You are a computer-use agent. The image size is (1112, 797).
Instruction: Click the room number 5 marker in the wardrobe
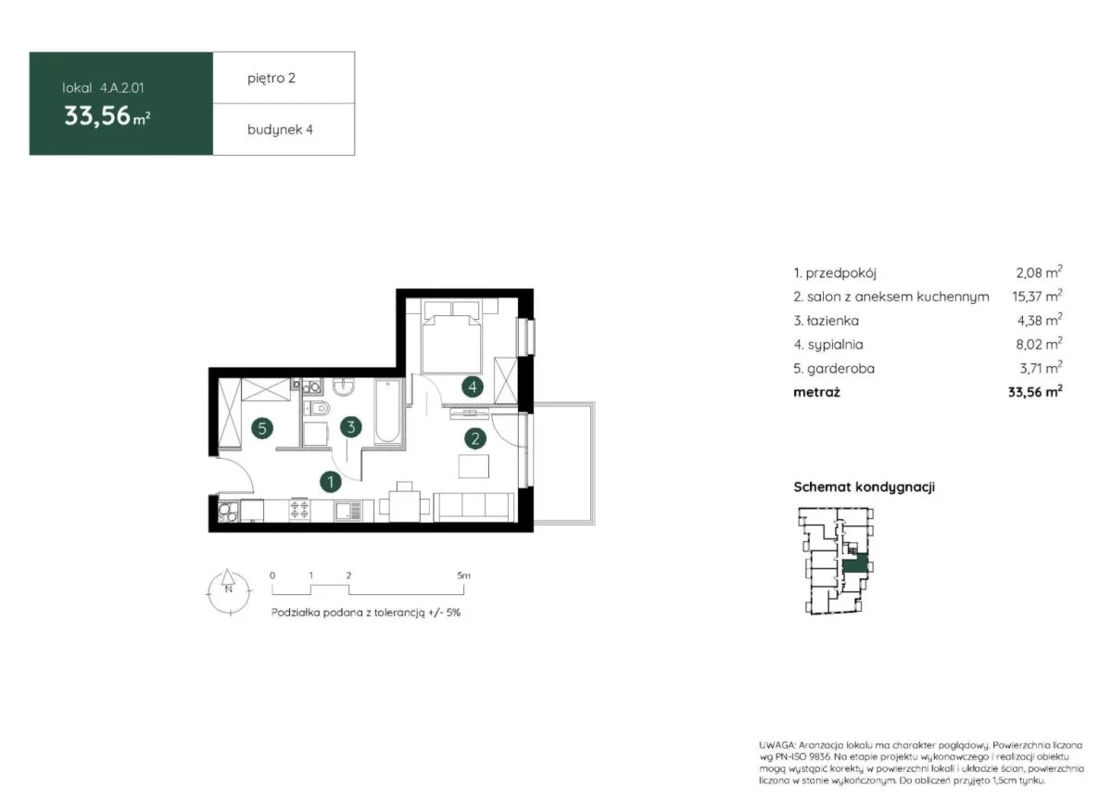(x=262, y=428)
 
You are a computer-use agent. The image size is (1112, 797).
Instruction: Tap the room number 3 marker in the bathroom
(x=351, y=427)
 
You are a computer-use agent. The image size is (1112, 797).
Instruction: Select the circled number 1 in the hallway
(x=331, y=482)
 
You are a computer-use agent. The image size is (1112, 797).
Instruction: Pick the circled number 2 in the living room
(x=475, y=438)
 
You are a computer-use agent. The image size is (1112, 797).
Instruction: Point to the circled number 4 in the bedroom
(x=472, y=386)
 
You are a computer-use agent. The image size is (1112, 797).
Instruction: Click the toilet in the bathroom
(x=317, y=409)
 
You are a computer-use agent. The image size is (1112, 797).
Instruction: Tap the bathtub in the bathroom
(x=387, y=411)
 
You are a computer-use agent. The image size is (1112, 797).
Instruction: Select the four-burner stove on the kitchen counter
(x=299, y=510)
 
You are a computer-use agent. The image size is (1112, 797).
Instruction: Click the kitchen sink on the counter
(x=348, y=511)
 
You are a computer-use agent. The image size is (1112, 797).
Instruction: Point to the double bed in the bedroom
(x=451, y=336)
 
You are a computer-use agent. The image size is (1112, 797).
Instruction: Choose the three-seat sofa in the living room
(x=474, y=507)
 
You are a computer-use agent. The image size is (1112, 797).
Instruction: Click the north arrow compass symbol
(x=228, y=591)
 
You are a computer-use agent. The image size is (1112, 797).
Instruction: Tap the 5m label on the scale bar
(x=463, y=576)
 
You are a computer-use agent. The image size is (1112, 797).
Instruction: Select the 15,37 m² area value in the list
(x=1037, y=296)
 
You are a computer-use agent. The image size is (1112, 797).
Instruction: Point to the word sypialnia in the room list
(x=836, y=345)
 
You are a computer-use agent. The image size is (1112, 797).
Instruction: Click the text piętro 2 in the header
(x=272, y=79)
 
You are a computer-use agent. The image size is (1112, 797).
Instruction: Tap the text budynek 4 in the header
(x=280, y=130)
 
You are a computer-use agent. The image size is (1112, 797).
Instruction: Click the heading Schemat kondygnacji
(x=864, y=487)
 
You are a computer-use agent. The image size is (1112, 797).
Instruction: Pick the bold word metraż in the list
(x=816, y=392)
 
